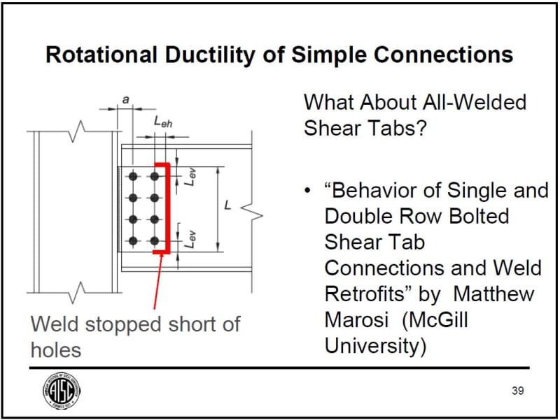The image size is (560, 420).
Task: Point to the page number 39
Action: click(517, 391)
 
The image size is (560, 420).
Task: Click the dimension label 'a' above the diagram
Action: click(125, 101)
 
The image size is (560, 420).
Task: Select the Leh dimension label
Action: click(162, 122)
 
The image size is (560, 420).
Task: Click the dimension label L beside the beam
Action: click(227, 207)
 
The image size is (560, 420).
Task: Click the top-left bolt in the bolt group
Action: click(132, 177)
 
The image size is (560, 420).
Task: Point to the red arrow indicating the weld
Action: click(157, 280)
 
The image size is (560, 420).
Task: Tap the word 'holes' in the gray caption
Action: click(56, 349)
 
